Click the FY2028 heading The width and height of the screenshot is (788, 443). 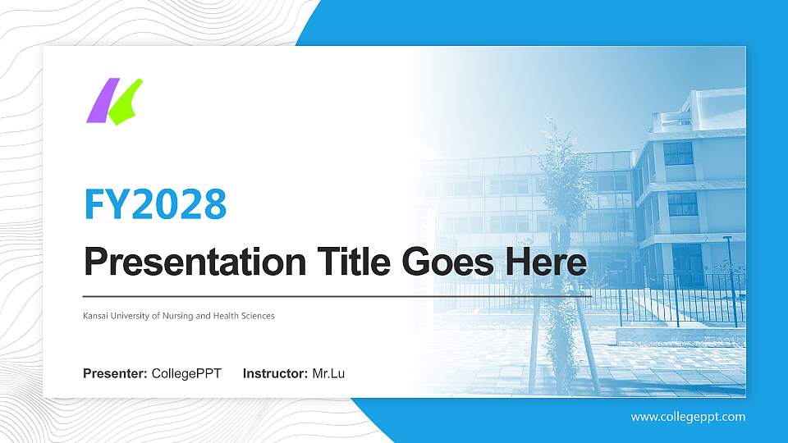155,204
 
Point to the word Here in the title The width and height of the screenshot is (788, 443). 547,263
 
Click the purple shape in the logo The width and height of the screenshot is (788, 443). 98,102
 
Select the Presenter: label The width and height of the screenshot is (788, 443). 115,374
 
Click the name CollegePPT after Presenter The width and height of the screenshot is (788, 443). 186,374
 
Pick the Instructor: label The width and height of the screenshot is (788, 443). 276,374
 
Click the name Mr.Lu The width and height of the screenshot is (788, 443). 328,374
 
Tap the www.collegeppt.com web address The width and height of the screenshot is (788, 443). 688,417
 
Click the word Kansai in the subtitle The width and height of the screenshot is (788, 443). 95,316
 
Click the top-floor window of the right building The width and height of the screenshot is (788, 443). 678,153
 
